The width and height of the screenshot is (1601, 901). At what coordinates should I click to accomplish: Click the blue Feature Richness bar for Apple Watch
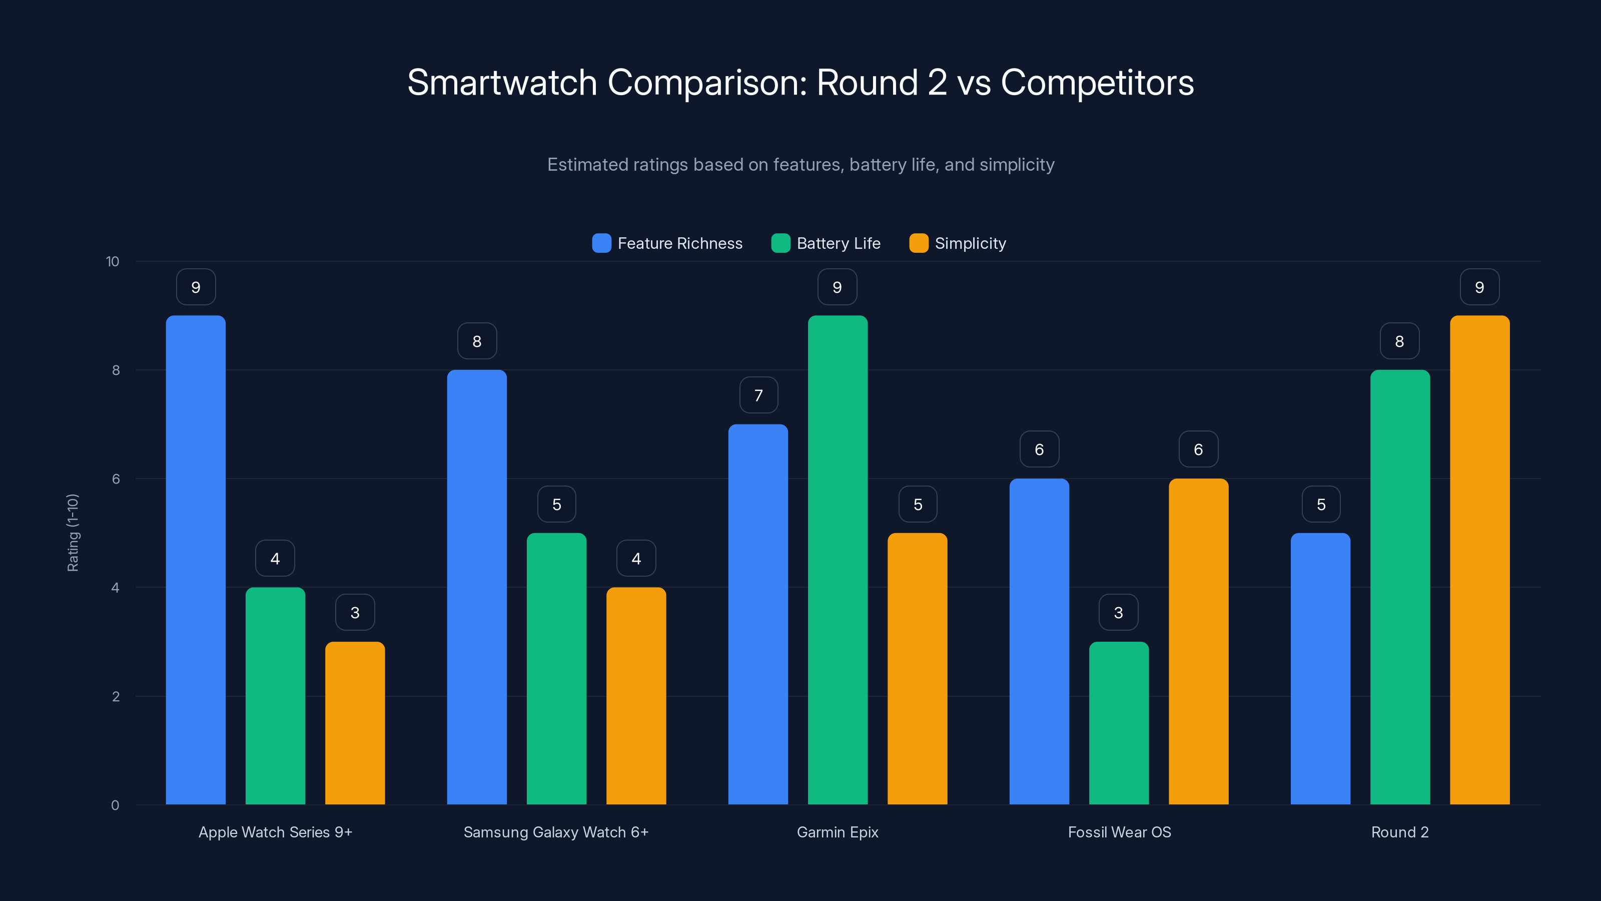(x=196, y=560)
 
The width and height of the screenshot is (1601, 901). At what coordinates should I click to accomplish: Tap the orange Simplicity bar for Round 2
(x=1479, y=560)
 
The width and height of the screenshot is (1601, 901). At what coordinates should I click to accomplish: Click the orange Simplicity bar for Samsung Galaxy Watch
(x=636, y=696)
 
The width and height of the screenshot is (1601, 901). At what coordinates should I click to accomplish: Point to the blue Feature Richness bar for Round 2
(x=1320, y=668)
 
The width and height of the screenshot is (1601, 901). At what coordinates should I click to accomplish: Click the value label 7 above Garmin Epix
(x=758, y=395)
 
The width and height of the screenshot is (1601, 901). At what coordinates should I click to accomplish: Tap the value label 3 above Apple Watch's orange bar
(x=355, y=613)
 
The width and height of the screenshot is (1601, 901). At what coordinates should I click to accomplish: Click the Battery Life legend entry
(x=826, y=243)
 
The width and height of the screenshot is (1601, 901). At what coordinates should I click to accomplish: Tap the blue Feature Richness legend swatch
(x=601, y=243)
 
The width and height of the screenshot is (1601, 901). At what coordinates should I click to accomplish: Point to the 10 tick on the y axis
(x=113, y=262)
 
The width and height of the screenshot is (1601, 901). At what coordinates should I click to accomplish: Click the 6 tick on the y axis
(x=116, y=479)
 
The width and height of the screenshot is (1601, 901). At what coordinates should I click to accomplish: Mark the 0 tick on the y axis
(x=115, y=805)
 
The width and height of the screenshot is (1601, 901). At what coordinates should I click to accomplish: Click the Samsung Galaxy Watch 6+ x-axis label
(x=556, y=832)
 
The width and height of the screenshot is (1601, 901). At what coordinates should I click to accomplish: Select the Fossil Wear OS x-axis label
(x=1119, y=832)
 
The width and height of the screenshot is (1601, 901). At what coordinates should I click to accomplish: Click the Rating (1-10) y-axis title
(x=73, y=533)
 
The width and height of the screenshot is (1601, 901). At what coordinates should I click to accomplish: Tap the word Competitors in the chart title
(x=1097, y=83)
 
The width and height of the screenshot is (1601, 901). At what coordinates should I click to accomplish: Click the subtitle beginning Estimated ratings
(x=801, y=165)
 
